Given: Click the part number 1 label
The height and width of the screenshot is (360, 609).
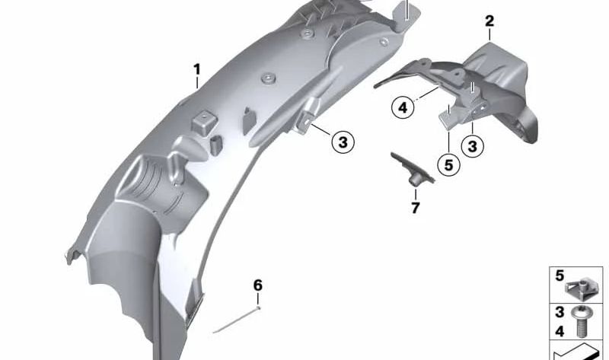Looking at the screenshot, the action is (197, 70).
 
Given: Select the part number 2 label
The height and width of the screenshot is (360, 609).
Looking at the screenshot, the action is (489, 21).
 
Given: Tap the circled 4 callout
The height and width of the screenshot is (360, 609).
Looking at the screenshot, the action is (403, 107).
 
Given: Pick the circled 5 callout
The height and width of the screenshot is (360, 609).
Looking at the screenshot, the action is (448, 165).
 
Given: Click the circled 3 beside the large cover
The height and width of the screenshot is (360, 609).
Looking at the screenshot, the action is (343, 142).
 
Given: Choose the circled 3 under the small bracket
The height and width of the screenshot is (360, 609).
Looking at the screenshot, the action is (473, 146).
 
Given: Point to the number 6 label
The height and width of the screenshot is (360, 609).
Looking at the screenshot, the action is (258, 285).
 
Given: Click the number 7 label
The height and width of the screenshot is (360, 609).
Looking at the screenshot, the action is (416, 208).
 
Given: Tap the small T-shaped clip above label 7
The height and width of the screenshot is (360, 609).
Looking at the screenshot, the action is (413, 170).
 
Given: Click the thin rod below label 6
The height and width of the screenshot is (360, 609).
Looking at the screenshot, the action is (236, 320).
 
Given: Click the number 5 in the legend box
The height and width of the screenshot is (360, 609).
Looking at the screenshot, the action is (560, 276).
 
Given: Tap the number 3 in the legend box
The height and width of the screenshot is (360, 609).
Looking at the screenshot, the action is (560, 312).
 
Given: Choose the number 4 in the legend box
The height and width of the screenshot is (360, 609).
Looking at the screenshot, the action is (560, 331).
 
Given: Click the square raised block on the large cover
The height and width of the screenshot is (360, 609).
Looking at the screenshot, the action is (203, 123).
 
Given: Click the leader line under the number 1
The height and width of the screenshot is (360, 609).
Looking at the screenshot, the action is (197, 83).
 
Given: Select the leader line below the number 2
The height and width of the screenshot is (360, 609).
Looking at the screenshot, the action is (489, 36).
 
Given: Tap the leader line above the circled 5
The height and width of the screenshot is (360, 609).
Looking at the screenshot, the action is (448, 142).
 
